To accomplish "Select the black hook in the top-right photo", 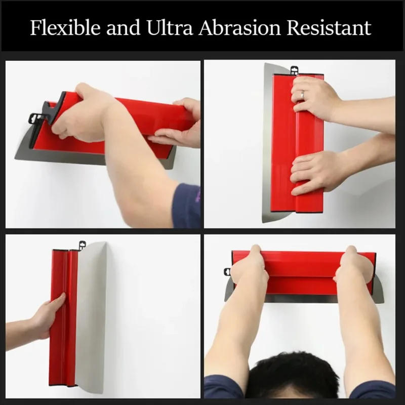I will (x=293, y=69).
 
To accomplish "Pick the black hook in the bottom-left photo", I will (x=80, y=246).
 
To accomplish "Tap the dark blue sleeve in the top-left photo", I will (x=186, y=205).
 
